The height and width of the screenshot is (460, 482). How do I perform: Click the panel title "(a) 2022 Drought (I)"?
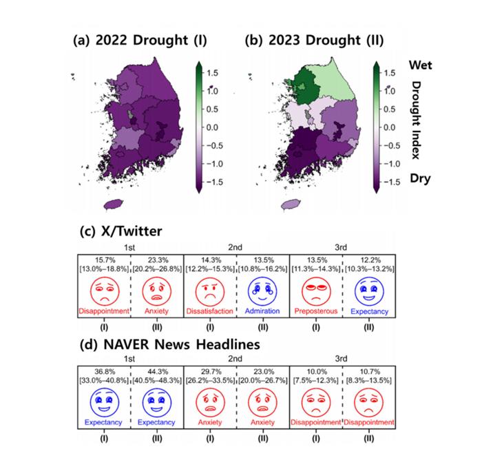click(140, 40)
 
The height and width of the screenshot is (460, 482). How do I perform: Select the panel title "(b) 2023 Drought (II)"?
click(314, 40)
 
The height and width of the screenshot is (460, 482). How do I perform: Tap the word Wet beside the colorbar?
click(420, 65)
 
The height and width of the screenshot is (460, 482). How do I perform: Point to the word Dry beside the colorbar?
click(420, 178)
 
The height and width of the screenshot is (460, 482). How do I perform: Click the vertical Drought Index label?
click(416, 121)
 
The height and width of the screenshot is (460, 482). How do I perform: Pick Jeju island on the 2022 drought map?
click(114, 204)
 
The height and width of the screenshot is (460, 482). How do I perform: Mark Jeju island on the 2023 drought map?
click(291, 204)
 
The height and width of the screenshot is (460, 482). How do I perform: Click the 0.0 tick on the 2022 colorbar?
click(212, 127)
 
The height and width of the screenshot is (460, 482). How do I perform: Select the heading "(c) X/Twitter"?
click(120, 231)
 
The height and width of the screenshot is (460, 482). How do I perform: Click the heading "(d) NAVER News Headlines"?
click(169, 344)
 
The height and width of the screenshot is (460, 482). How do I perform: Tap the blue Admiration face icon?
click(262, 291)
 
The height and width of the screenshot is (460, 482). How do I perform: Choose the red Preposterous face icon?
click(316, 291)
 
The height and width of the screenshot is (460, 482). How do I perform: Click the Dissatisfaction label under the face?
click(209, 311)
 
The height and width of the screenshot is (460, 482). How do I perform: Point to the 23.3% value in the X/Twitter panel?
click(158, 260)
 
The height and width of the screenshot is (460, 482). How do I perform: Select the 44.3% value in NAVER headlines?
click(158, 372)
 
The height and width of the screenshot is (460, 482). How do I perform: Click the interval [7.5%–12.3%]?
click(315, 381)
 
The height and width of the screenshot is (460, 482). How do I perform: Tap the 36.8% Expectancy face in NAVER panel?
click(105, 402)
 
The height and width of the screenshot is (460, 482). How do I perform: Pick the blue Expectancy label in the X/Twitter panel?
click(370, 311)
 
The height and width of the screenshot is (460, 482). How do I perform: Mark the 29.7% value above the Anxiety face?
click(211, 372)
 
